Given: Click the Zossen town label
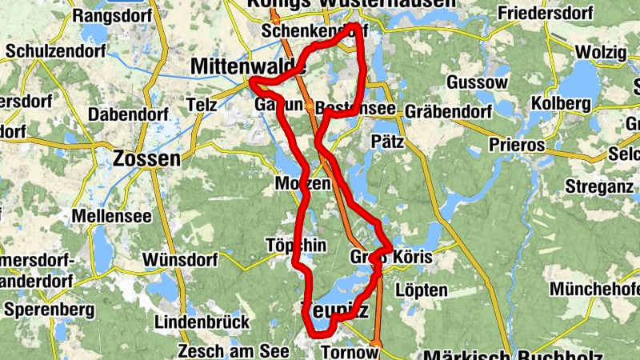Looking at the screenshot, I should point(147,158).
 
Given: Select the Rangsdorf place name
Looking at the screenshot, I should point(108,15).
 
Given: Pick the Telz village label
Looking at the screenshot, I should point(201,105).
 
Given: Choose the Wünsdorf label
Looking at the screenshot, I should point(180,260).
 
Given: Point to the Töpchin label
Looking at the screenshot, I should point(296,246).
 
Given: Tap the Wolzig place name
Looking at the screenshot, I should point(599,51).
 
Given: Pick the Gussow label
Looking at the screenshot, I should point(478,82).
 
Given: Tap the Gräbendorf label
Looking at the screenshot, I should point(448,111).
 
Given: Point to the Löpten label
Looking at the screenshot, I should point(421,290).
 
